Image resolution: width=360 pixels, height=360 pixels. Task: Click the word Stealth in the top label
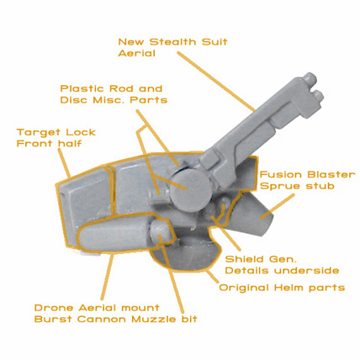[172, 42]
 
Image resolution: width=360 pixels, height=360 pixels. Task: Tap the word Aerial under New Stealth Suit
[136, 53]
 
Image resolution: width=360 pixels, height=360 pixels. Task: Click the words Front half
[49, 144]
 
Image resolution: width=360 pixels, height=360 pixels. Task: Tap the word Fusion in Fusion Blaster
[279, 175]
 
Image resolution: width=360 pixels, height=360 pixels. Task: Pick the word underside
[306, 271]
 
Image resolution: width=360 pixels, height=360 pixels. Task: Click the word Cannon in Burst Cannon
[102, 320]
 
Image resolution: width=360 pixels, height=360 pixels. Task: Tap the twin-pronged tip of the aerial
[314, 87]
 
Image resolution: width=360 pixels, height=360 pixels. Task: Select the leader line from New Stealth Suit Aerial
[216, 81]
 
